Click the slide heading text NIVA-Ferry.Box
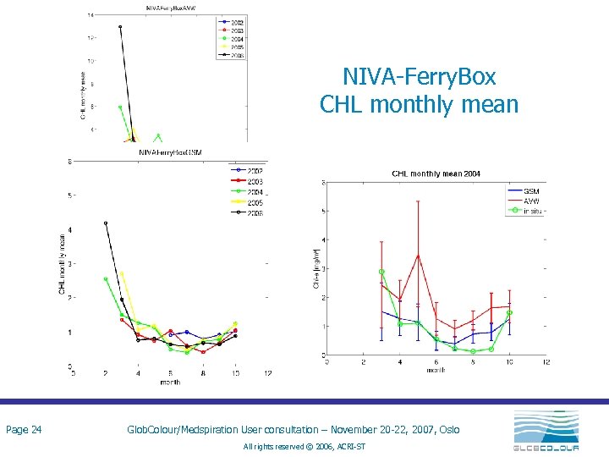coord(419,77)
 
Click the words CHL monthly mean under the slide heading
coord(419,104)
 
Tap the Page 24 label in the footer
coord(24,430)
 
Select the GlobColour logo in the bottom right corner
coord(546,431)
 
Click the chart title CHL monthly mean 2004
coord(436,173)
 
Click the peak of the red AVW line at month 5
coord(418,255)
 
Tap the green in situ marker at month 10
coord(510,312)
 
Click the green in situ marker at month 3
coord(381,272)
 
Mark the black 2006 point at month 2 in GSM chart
coord(106,223)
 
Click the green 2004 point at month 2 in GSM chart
coord(106,278)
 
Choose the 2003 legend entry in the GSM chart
coord(251,181)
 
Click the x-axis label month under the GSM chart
coord(170,383)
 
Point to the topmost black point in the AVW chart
coord(120,27)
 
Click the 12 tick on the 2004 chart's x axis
coord(546,362)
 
